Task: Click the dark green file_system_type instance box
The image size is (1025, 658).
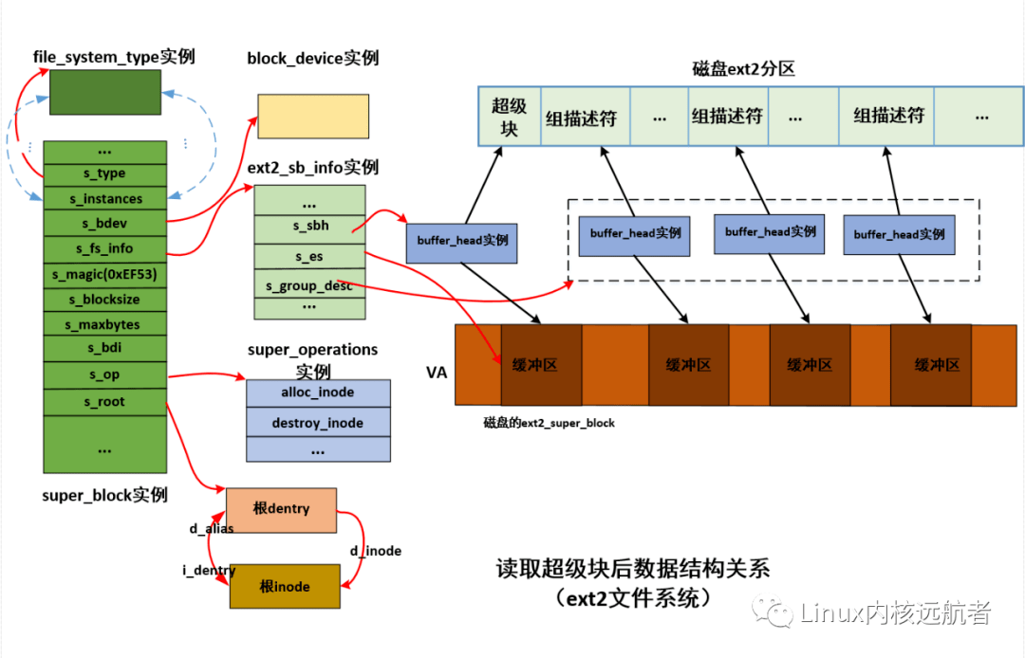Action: click(x=104, y=92)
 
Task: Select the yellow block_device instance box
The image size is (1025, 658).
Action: click(x=312, y=117)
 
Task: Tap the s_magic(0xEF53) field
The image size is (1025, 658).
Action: click(x=105, y=274)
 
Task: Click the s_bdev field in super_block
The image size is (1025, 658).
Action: click(x=105, y=224)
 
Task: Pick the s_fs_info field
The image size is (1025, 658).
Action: click(x=105, y=249)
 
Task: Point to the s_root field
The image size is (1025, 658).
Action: click(x=105, y=401)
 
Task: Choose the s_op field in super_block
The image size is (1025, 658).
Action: click(x=105, y=375)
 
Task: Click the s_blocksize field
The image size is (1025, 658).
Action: click(x=105, y=299)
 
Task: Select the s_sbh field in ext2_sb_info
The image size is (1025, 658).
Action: click(x=309, y=228)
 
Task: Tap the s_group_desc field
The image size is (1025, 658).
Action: click(x=309, y=284)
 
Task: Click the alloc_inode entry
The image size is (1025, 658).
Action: click(x=317, y=393)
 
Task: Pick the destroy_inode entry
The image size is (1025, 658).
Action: click(x=317, y=423)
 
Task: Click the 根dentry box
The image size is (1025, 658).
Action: click(x=281, y=509)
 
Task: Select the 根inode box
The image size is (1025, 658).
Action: click(x=285, y=587)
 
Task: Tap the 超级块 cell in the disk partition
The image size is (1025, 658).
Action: click(x=509, y=117)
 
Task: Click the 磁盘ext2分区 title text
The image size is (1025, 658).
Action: click(x=742, y=70)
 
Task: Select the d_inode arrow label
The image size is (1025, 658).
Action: click(x=376, y=551)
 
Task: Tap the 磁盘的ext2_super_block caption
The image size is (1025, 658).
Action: click(x=549, y=423)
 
